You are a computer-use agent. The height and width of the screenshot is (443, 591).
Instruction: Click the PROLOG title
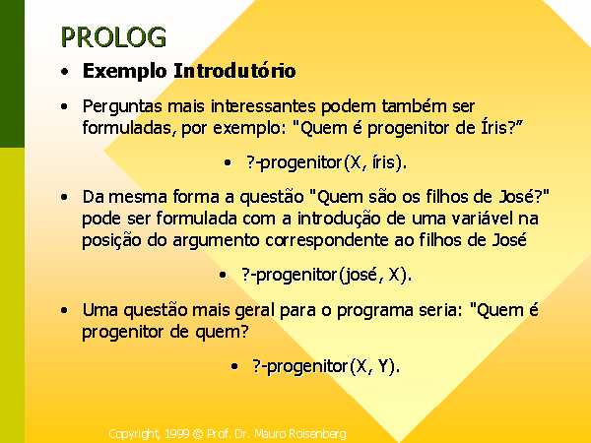(x=113, y=37)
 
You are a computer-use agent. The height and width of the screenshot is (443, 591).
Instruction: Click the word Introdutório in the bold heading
(x=234, y=71)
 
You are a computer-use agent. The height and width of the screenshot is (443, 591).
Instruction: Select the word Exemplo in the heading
(x=124, y=72)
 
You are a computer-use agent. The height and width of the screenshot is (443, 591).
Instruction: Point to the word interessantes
(x=263, y=106)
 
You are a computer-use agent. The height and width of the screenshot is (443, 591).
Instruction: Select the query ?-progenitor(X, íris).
(x=327, y=163)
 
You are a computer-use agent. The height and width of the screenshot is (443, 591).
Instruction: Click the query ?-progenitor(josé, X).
(x=326, y=275)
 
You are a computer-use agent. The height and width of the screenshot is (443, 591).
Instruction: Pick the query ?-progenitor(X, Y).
(x=326, y=366)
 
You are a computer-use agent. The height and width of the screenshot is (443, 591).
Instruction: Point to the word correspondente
(x=327, y=241)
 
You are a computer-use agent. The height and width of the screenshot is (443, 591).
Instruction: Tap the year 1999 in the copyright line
(x=176, y=433)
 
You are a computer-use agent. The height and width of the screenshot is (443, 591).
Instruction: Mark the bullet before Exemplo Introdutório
(x=65, y=72)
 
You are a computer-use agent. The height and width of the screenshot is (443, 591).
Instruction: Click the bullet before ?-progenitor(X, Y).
(x=234, y=366)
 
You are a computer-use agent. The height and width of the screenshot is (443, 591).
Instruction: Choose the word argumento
(x=217, y=241)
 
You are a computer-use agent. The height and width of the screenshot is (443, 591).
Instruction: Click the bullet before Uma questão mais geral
(x=65, y=311)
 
